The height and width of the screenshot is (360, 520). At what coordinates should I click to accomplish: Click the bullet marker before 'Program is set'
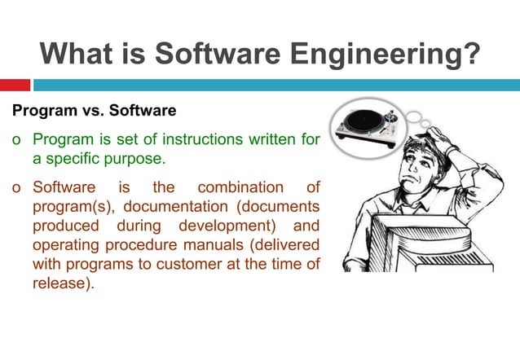point(16,141)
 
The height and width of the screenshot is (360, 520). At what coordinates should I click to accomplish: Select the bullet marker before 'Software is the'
point(16,188)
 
